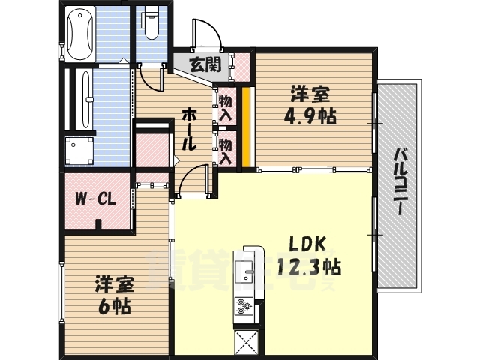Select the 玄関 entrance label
pos(205,64)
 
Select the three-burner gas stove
pos(246,305)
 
